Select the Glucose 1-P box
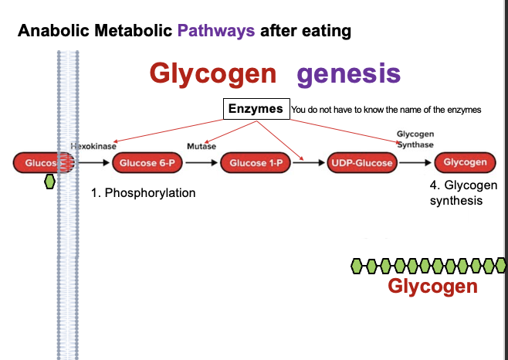pyautogui.click(x=254, y=162)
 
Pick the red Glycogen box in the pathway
pyautogui.click(x=465, y=162)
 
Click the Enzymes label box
pyautogui.click(x=256, y=109)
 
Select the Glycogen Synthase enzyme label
pyautogui.click(x=415, y=140)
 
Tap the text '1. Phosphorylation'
pyautogui.click(x=143, y=192)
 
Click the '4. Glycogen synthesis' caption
pyautogui.click(x=463, y=193)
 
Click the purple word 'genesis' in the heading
pyautogui.click(x=348, y=74)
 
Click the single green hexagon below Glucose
pyautogui.click(x=50, y=182)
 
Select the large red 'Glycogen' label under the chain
pyautogui.click(x=432, y=287)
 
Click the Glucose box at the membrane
pyautogui.click(x=42, y=162)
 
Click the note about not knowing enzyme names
pyautogui.click(x=386, y=110)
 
